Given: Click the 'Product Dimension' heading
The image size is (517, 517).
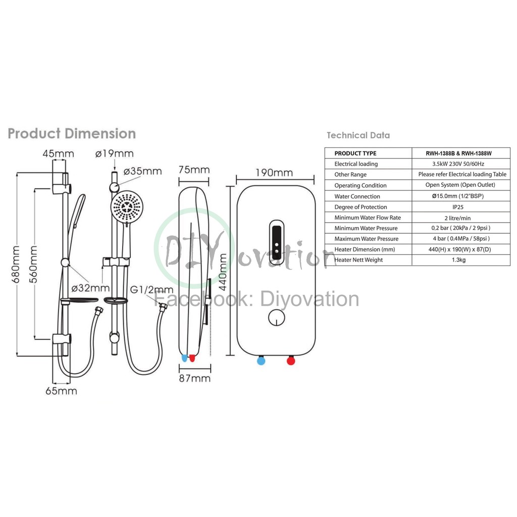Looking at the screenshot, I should [x=72, y=134].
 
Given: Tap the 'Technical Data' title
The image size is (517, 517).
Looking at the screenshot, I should [x=358, y=135].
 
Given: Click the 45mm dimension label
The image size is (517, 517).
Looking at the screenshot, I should [x=58, y=153].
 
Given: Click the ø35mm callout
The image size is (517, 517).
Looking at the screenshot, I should [x=142, y=171].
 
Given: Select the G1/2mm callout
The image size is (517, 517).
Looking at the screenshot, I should [x=151, y=290].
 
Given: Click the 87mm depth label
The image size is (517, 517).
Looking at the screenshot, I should [x=194, y=378].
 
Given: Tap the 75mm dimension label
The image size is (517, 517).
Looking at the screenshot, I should [x=194, y=170].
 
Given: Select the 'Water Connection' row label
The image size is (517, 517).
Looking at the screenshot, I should [x=357, y=196].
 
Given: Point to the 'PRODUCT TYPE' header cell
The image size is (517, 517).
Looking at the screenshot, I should [x=355, y=153].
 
